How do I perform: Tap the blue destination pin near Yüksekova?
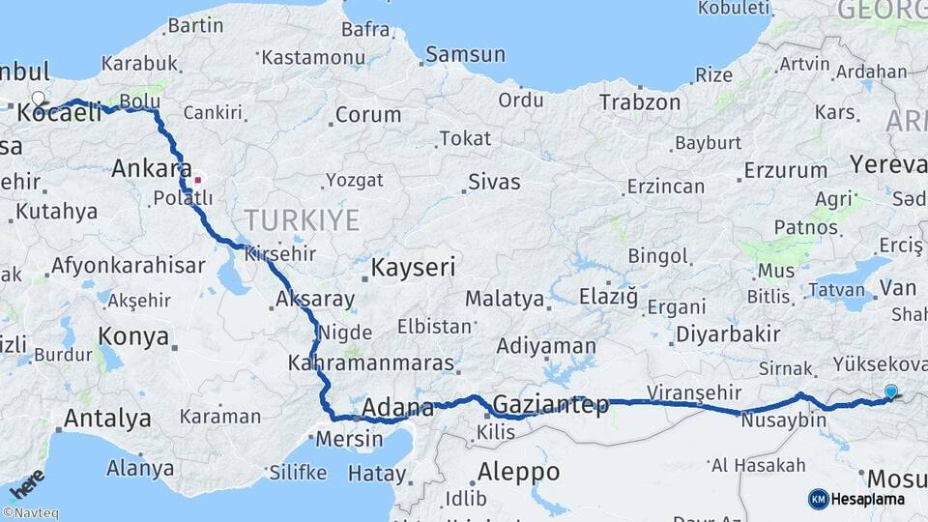(890, 391)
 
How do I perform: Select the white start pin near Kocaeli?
(39, 99)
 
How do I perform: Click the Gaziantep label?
(551, 404)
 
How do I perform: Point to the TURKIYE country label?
(301, 219)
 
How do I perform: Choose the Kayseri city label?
(414, 267)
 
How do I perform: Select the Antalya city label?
(107, 419)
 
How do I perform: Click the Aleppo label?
(519, 472)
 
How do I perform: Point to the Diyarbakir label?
(728, 333)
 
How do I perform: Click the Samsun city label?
(465, 54)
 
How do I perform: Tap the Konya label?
(134, 337)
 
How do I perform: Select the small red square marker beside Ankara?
(198, 179)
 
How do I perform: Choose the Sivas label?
(493, 181)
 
